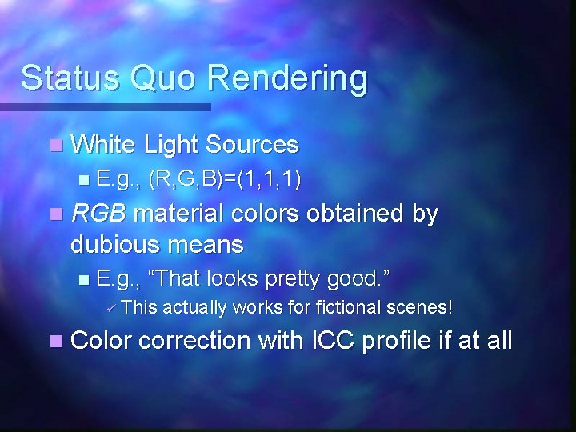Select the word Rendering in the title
(x=288, y=78)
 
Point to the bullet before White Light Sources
(x=54, y=146)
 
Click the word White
(x=103, y=145)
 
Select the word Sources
(x=251, y=145)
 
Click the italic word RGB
(x=100, y=214)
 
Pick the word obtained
(x=345, y=214)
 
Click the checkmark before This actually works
(x=112, y=307)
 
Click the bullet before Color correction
(x=54, y=342)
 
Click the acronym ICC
(x=330, y=341)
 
